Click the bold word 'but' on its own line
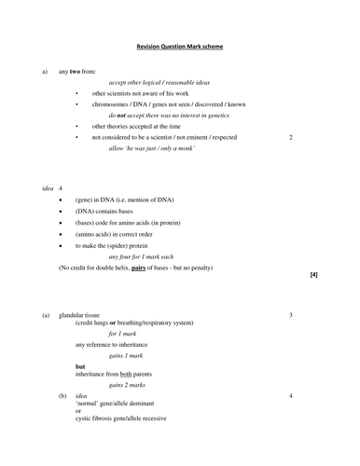[x=81, y=366]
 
